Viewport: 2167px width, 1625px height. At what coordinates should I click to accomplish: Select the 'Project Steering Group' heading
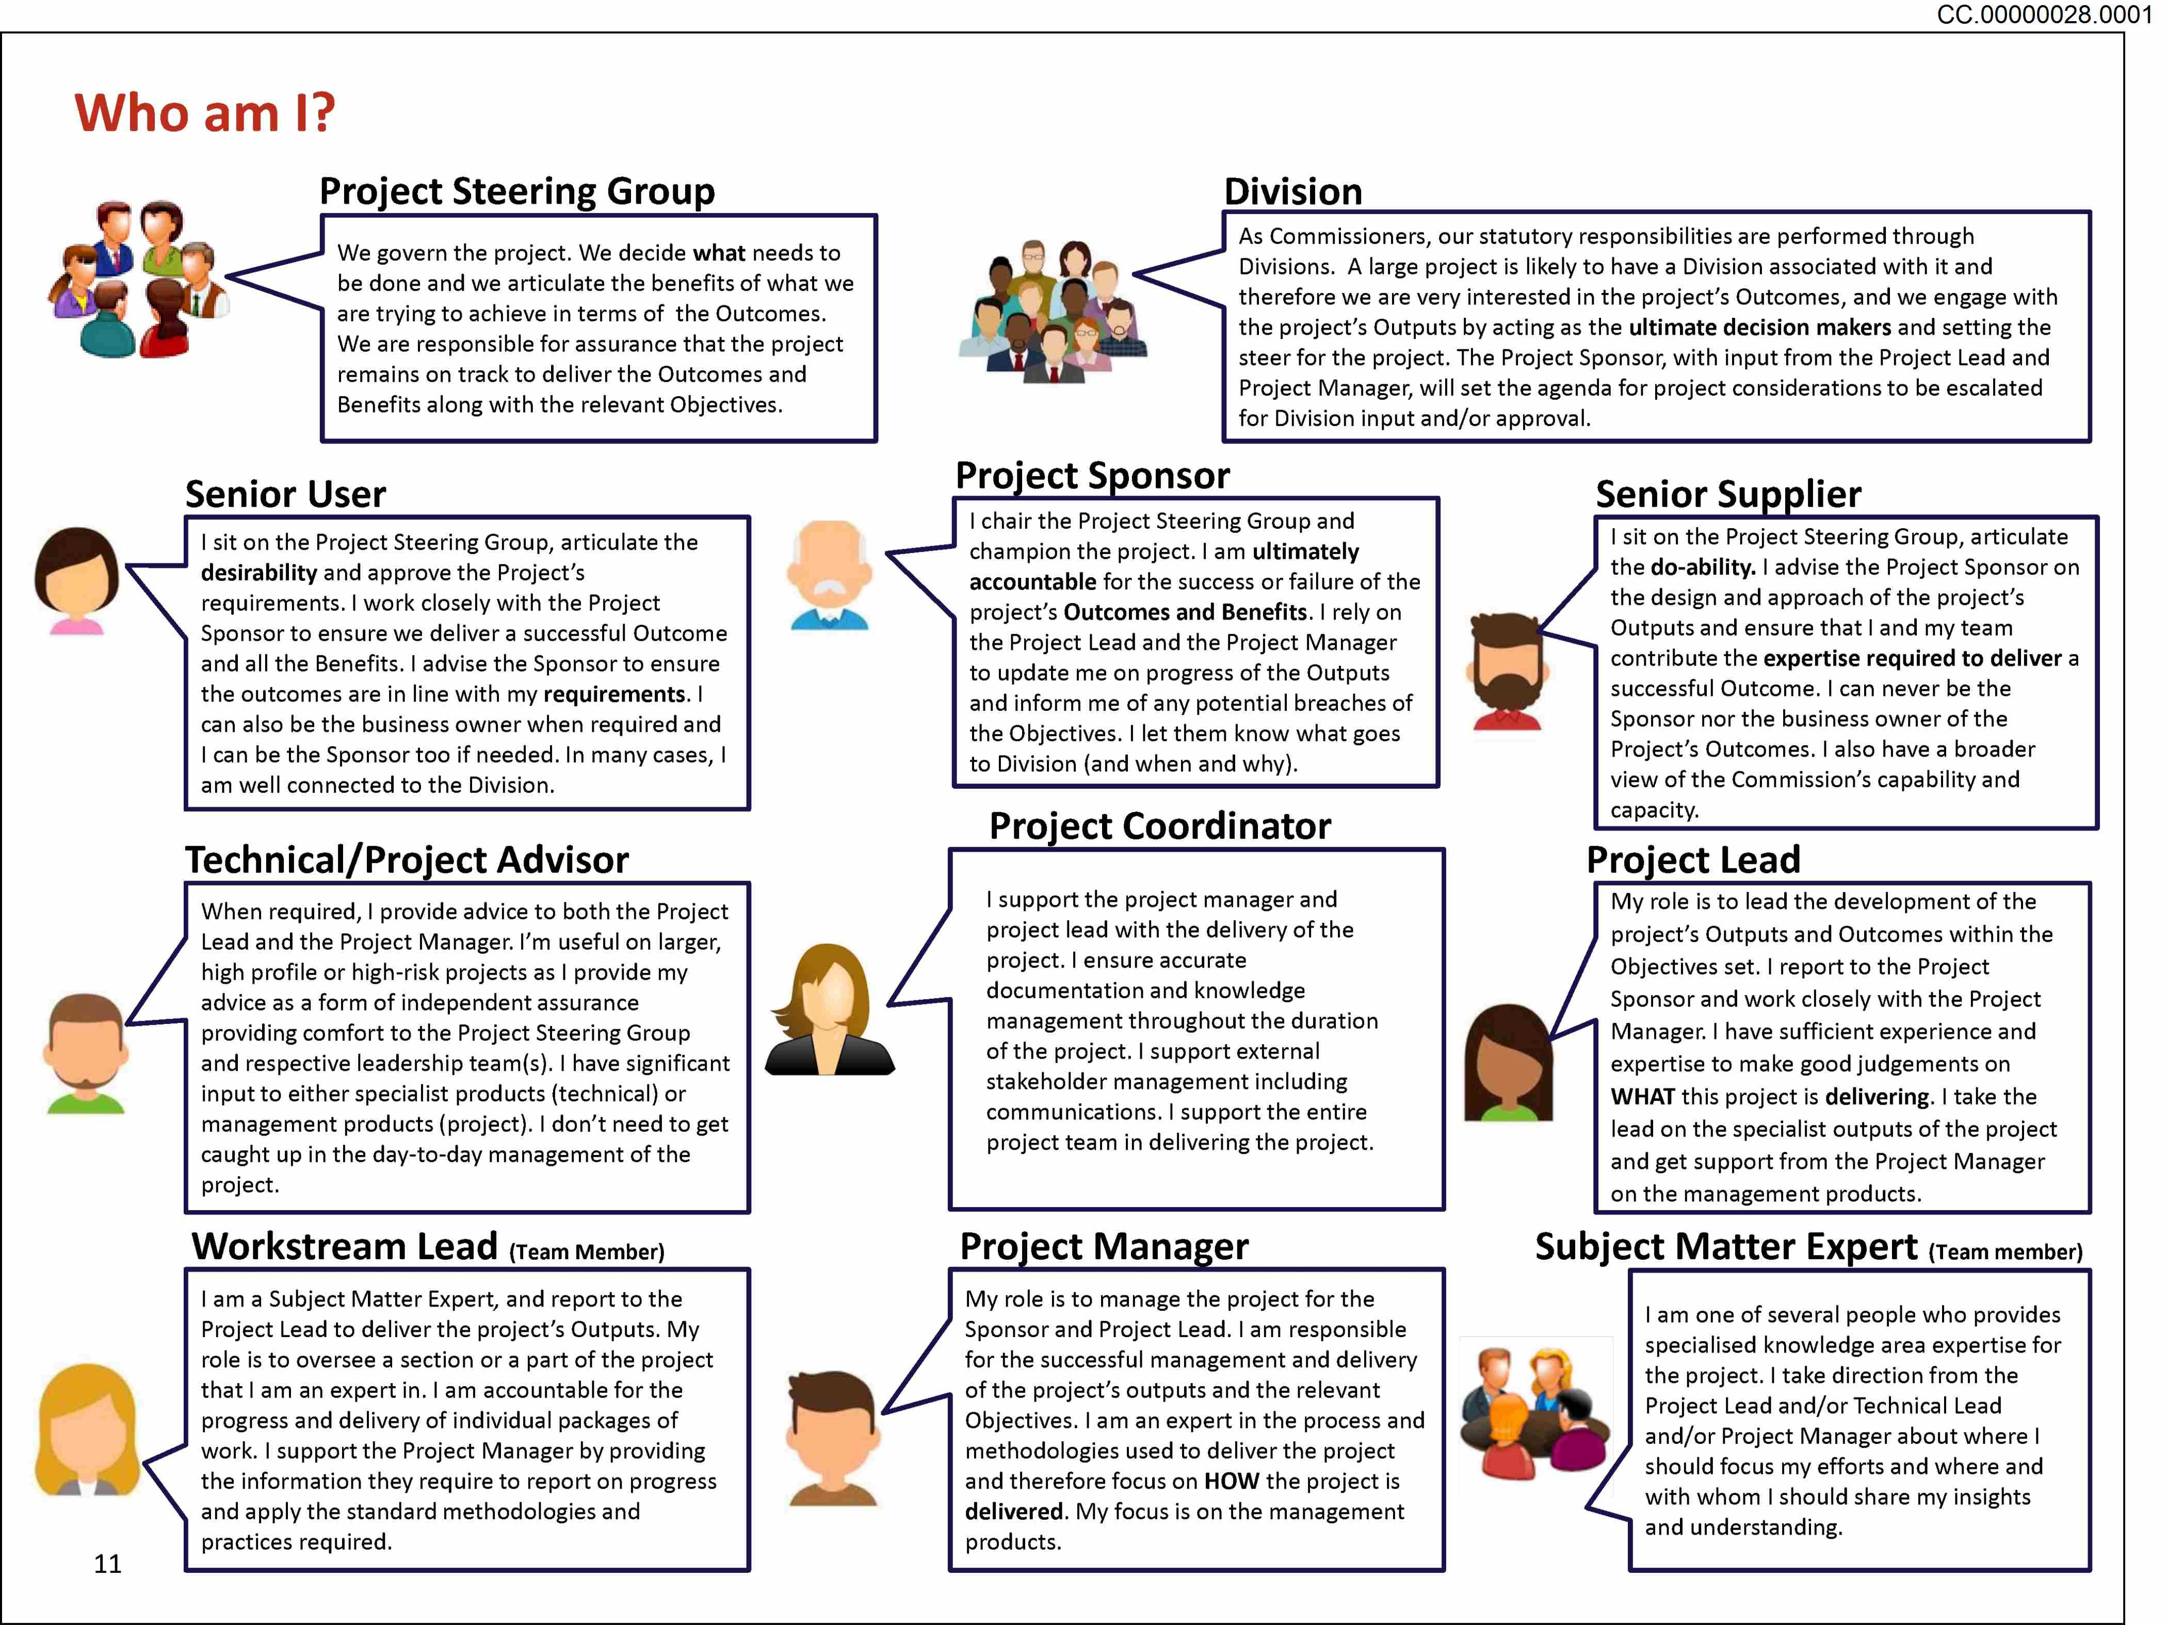(518, 191)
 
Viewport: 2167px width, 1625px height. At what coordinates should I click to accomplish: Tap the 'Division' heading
(1293, 192)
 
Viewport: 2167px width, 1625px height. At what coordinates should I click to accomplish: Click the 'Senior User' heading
(285, 495)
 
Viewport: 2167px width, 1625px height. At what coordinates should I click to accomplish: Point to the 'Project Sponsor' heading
(1092, 476)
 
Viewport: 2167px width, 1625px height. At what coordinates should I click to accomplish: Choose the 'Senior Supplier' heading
(1728, 495)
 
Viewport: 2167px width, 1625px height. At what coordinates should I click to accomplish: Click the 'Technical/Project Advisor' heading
(407, 860)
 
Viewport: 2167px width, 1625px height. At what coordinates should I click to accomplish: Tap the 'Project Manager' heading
(1104, 1247)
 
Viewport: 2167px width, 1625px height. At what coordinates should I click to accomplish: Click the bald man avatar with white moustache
(828, 576)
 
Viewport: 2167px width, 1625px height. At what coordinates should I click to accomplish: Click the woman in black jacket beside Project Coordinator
(830, 1011)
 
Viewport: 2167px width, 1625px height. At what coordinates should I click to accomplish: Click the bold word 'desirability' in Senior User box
(258, 573)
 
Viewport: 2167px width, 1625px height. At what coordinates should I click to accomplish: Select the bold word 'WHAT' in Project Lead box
(1642, 1097)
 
